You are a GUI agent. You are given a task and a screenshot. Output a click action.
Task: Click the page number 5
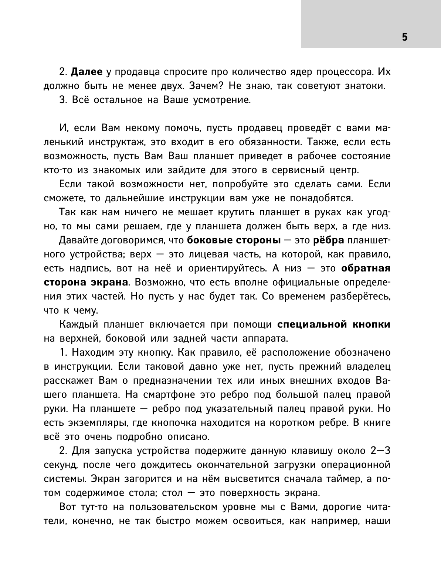coord(404,37)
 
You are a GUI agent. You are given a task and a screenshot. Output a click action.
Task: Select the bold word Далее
coord(86,72)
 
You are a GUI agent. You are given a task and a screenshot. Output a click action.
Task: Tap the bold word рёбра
coord(329,240)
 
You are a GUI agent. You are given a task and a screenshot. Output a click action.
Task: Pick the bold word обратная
coord(366,269)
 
